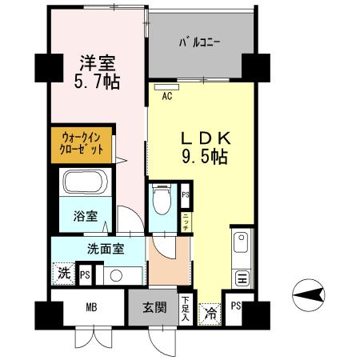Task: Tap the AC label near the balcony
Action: pos(168,96)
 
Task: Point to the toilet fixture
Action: pos(163,197)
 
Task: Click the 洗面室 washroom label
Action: pos(100,247)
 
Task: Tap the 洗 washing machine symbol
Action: pos(64,273)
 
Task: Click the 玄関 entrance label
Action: pos(154,306)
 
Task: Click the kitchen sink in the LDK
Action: pos(242,240)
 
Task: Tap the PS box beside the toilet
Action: pos(185,194)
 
